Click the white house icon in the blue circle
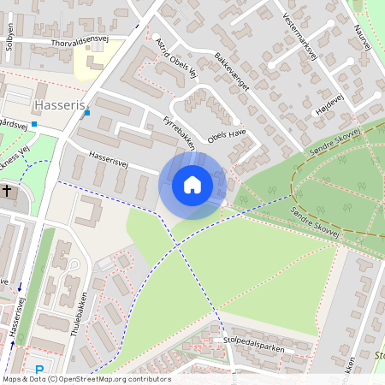click(x=192, y=185)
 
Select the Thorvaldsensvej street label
click(x=81, y=40)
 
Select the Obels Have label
click(x=227, y=137)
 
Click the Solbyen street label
click(x=10, y=36)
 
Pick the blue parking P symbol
click(x=39, y=369)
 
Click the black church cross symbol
click(x=8, y=192)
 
